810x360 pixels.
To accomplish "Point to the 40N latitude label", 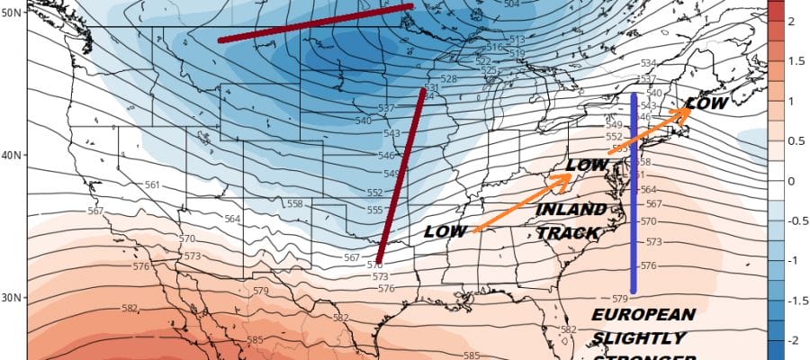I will pyautogui.click(x=12, y=156).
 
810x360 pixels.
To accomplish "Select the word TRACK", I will pyautogui.click(x=568, y=233).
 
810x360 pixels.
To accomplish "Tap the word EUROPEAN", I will pyautogui.click(x=643, y=315).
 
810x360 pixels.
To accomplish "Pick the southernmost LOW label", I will pyautogui.click(x=445, y=231).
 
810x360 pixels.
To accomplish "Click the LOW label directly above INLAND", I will pyautogui.click(x=586, y=166).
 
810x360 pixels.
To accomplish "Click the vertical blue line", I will pyautogui.click(x=634, y=193).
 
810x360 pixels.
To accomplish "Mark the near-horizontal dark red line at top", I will pyautogui.click(x=315, y=23).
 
